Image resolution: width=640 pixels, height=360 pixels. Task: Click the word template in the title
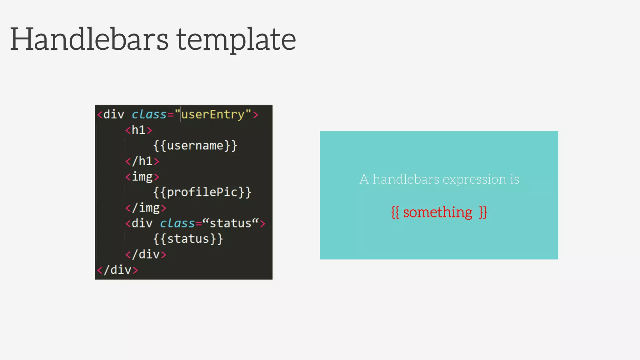pyautogui.click(x=236, y=40)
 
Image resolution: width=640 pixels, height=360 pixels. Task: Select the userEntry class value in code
pyautogui.click(x=212, y=114)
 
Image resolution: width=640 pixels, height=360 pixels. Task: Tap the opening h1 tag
pyautogui.click(x=138, y=130)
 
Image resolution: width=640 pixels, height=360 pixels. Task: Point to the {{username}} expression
pyautogui.click(x=195, y=146)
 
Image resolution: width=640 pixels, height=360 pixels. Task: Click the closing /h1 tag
pyautogui.click(x=142, y=161)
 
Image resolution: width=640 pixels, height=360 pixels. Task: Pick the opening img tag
pyautogui.click(x=142, y=177)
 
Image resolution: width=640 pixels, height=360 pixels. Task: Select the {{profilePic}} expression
pyautogui.click(x=202, y=192)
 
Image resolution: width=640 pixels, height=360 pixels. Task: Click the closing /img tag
pyautogui.click(x=146, y=208)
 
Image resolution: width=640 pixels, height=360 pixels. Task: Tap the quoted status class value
pyautogui.click(x=231, y=223)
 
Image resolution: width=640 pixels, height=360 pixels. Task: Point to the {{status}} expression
pyautogui.click(x=188, y=239)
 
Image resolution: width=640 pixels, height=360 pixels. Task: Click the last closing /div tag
pyautogui.click(x=117, y=270)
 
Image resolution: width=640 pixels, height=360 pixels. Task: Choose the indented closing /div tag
pyautogui.click(x=146, y=254)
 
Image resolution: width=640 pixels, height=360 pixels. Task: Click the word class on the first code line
pyautogui.click(x=149, y=114)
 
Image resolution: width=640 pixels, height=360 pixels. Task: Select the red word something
pyautogui.click(x=437, y=212)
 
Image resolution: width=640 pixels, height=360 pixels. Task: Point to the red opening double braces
pyautogui.click(x=395, y=212)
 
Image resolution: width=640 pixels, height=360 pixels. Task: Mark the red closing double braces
pyautogui.click(x=483, y=212)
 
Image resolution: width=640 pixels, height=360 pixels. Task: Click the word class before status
pyautogui.click(x=177, y=223)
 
